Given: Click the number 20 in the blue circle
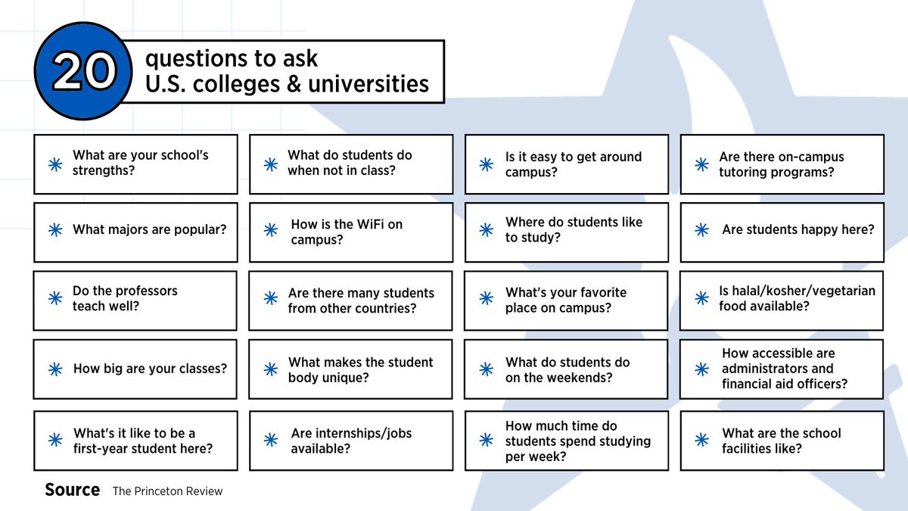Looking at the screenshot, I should coord(84,73).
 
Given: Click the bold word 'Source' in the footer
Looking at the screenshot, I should coord(72,490).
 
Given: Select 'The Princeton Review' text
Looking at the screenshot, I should coord(167,491).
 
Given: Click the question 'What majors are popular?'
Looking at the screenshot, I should coord(149,229).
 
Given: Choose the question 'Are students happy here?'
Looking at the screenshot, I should coord(798,229).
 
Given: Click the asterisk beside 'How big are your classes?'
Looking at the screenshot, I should coord(54,369).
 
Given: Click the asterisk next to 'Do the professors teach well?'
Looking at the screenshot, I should coord(54,298).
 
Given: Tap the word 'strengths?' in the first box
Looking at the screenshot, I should coord(104,170).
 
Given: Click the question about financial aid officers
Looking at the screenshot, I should coord(784,369).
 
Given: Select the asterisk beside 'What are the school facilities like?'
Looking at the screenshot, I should coord(702,440).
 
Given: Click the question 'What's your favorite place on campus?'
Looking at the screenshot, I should coord(565,300).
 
